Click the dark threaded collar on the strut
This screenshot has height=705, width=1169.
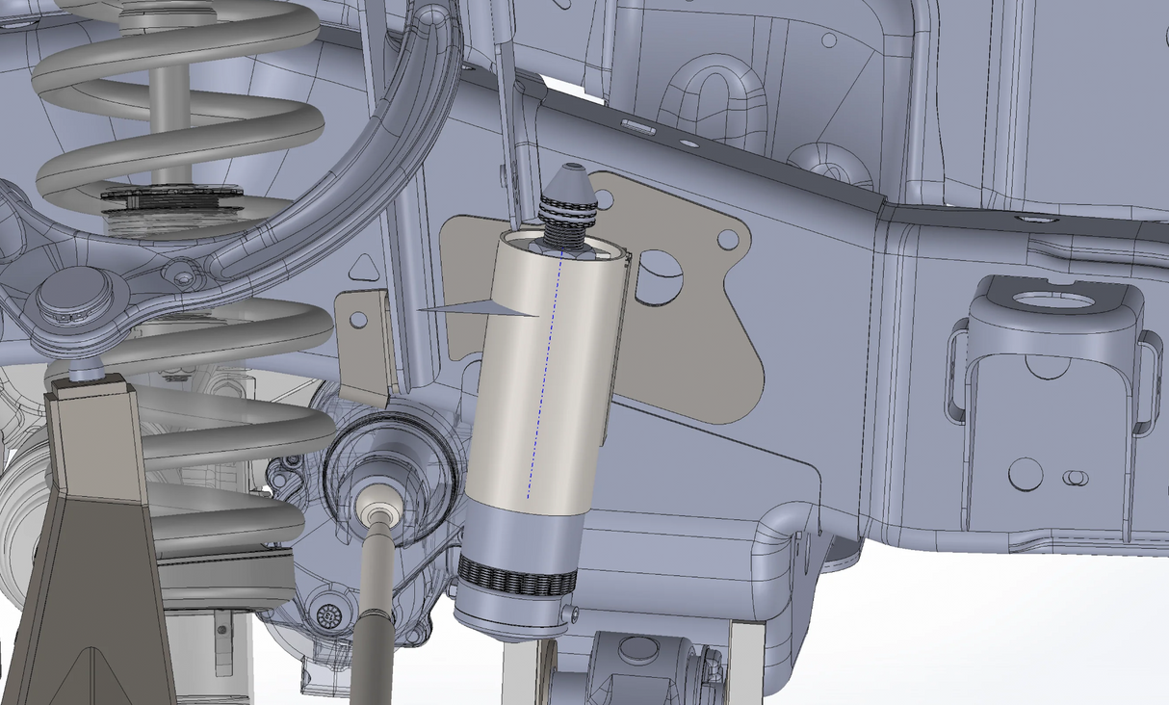pos(171,196)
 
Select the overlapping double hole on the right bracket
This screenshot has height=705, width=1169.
pos(1073,477)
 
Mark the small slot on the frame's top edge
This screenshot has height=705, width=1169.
pos(638,127)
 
